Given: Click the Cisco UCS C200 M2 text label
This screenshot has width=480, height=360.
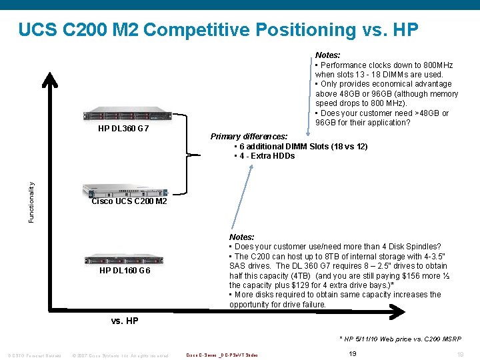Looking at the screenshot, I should tap(129, 201).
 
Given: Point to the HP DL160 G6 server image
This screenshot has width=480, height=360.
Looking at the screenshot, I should tap(124, 259).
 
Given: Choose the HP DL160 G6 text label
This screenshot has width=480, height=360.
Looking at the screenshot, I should tap(125, 271).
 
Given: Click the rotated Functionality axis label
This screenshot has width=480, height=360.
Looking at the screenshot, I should tap(31, 197).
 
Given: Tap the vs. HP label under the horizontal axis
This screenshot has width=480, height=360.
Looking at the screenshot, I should tap(124, 321).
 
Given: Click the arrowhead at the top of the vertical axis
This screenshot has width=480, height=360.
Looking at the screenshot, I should tap(49, 79).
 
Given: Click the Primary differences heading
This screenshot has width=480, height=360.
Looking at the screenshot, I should tap(249, 137).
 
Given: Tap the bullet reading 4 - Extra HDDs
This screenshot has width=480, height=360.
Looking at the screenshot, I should tap(265, 156).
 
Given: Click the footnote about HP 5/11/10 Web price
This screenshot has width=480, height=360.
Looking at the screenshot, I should tap(401, 339).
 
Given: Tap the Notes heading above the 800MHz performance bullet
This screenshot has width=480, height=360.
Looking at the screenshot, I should tap(327, 55).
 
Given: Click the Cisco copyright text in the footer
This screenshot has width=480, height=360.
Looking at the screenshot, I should tap(120, 355).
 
